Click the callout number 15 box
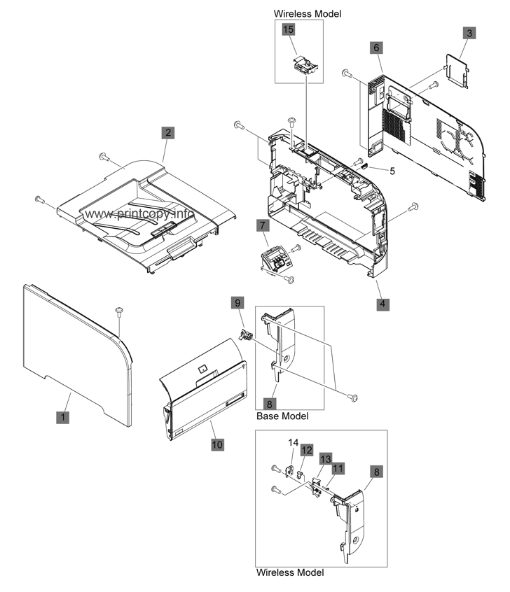coord(289,29)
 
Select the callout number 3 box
coord(469,33)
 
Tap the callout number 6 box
coord(376,48)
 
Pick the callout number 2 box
coord(168,132)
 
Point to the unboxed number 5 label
coord(392,171)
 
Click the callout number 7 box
coord(263,225)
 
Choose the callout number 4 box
coord(382,304)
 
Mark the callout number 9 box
coord(237,303)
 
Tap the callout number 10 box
coord(217,444)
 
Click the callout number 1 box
coord(63,417)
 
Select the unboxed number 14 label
coord(294,442)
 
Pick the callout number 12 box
coord(307,450)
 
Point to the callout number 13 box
coord(326,459)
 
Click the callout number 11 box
coord(338,469)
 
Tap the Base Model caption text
coord(282,416)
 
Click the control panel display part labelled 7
coord(275,261)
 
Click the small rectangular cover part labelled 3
coord(457,70)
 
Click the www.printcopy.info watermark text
coord(139,214)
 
